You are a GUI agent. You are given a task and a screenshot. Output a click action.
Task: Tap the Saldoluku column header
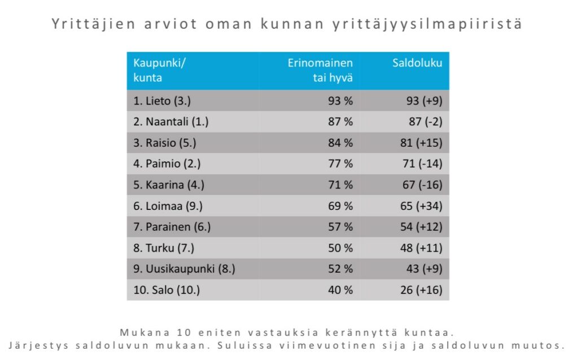tap(417, 63)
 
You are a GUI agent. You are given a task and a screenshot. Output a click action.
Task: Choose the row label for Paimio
tap(167, 164)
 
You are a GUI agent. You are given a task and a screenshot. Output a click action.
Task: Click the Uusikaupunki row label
tap(184, 269)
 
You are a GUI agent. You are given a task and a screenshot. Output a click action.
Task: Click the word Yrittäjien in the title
tap(88, 25)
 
